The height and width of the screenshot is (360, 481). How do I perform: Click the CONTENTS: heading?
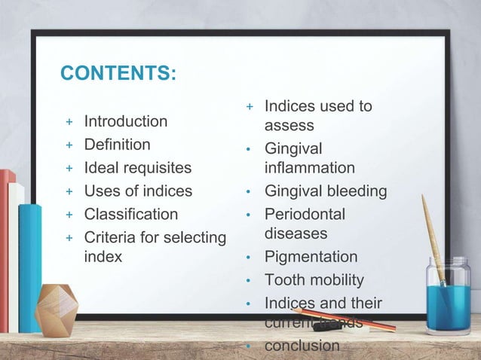(x=118, y=73)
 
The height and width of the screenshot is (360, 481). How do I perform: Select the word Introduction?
(x=125, y=121)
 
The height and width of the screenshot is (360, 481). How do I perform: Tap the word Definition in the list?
(x=117, y=144)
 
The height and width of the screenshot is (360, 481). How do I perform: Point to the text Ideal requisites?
(x=137, y=168)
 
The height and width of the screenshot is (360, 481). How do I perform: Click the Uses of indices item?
(x=138, y=191)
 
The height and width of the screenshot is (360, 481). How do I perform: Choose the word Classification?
(x=130, y=215)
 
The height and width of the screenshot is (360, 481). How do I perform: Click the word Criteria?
(x=108, y=238)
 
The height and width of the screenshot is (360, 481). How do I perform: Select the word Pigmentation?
(x=311, y=257)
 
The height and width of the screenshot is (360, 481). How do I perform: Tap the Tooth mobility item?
(x=314, y=280)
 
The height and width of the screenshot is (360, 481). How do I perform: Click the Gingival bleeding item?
(x=325, y=191)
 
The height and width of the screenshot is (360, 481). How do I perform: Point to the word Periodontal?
(x=305, y=215)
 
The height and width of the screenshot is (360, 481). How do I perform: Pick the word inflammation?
(x=309, y=167)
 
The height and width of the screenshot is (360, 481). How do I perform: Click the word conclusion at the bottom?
(x=302, y=346)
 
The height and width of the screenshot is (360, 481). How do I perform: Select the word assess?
(x=289, y=126)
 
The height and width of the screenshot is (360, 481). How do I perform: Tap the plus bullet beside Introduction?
(x=69, y=122)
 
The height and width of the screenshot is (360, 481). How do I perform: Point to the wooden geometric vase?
(x=57, y=310)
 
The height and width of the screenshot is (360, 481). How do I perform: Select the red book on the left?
(x=7, y=249)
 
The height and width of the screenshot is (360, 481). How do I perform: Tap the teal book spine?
(x=29, y=267)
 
